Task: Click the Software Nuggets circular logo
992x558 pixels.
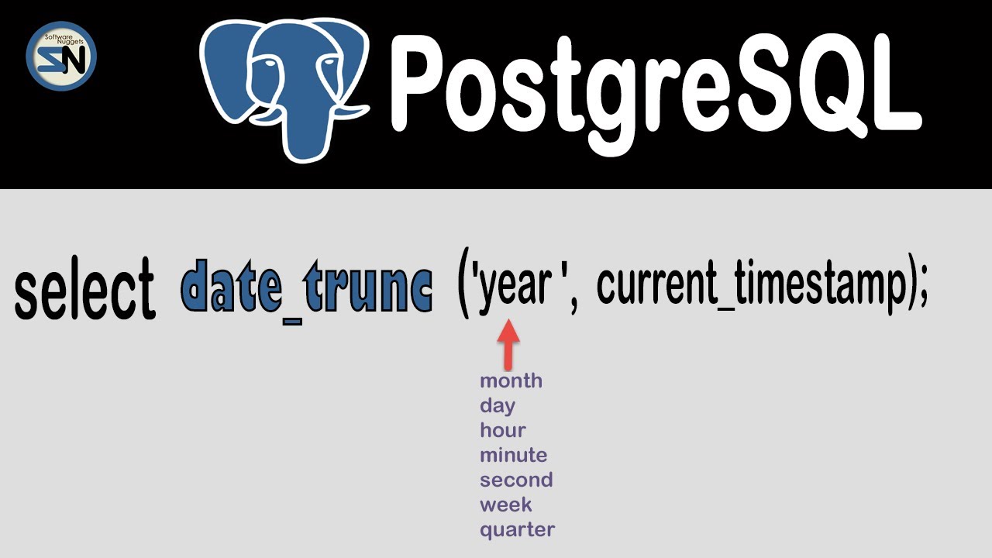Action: point(61,57)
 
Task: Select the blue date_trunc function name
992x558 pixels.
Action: point(307,287)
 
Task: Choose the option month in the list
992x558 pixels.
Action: point(511,381)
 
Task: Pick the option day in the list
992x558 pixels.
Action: point(497,406)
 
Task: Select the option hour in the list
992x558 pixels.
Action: point(502,430)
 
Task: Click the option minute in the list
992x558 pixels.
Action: point(513,455)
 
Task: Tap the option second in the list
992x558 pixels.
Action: point(515,480)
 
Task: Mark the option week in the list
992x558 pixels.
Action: point(505,505)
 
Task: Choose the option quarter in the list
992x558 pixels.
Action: point(517,530)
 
